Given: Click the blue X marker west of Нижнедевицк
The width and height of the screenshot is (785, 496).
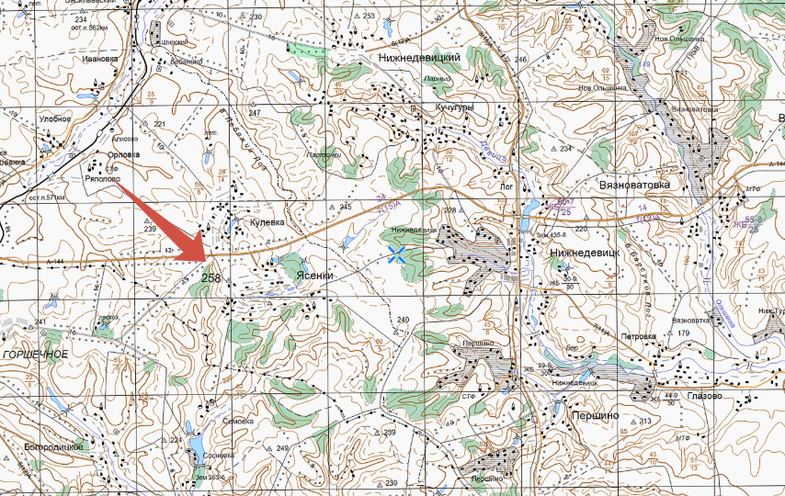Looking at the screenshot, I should click(x=398, y=254).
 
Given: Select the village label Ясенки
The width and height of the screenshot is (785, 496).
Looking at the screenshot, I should click(x=314, y=275).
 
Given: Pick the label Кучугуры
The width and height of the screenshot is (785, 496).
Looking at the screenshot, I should click(x=455, y=107).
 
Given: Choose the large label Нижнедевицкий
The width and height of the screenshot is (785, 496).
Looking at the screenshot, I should click(x=419, y=57).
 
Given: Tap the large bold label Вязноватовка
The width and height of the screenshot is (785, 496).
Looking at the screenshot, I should click(x=638, y=184).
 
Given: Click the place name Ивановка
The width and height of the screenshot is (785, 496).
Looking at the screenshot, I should click(x=100, y=59).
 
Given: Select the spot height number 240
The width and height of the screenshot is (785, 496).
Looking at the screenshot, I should click(x=403, y=319).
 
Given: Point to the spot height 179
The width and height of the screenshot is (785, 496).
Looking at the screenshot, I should click(x=683, y=333).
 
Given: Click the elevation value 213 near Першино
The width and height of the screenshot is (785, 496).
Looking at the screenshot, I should click(x=644, y=422).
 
